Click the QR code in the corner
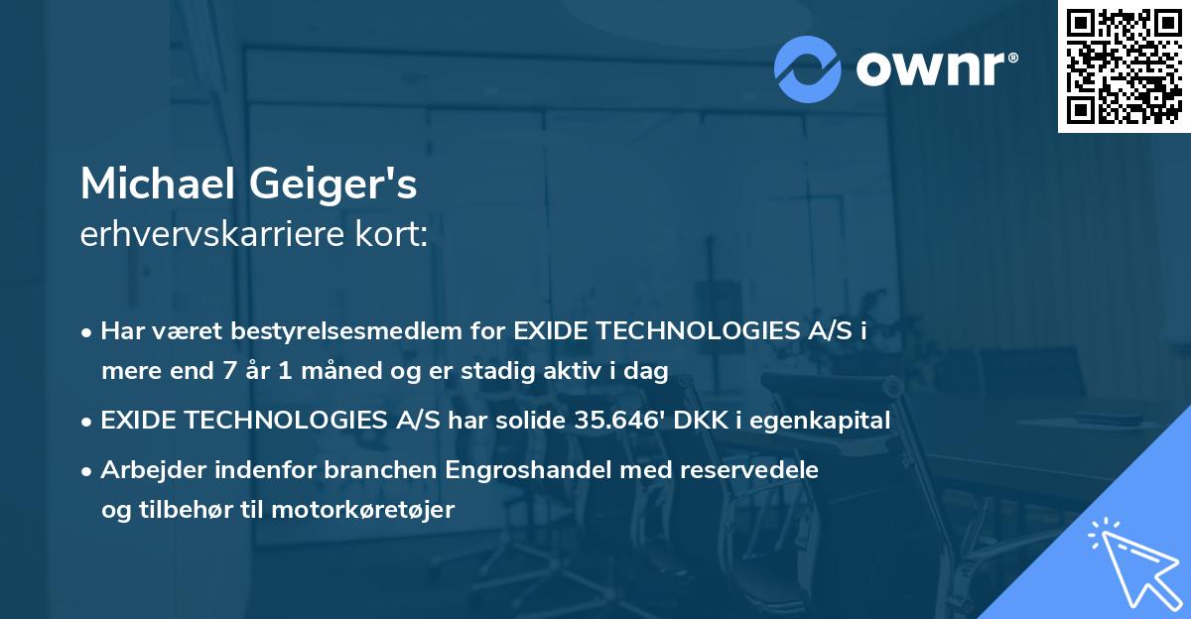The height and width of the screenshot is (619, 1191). pos(1124,66)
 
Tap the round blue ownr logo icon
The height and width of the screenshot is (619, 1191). pos(808,67)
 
